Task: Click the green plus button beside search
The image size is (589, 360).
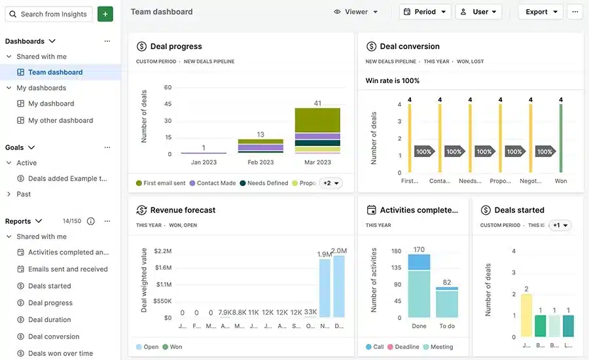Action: pos(105,14)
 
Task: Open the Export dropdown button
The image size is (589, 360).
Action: pos(541,12)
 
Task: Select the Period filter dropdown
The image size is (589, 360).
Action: pos(425,12)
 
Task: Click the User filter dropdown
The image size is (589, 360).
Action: pos(478,12)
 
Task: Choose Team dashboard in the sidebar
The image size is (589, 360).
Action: pos(55,72)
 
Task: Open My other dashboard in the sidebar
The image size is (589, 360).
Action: pos(60,120)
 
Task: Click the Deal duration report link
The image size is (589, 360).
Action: pos(49,319)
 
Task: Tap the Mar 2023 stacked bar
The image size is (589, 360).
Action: pos(317,130)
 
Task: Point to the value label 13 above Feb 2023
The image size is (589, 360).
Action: pos(260,134)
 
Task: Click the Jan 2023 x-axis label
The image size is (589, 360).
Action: pos(204,162)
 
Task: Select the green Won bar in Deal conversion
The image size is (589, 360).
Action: pos(560,138)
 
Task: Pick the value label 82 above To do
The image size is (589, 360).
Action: pos(447,283)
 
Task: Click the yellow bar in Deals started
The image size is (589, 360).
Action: pos(526,315)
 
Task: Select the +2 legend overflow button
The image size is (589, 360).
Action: pos(330,183)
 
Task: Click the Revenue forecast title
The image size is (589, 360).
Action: pos(183,210)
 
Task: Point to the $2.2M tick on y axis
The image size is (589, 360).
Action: pos(162,251)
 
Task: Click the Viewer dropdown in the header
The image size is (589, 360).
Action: pos(356,12)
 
